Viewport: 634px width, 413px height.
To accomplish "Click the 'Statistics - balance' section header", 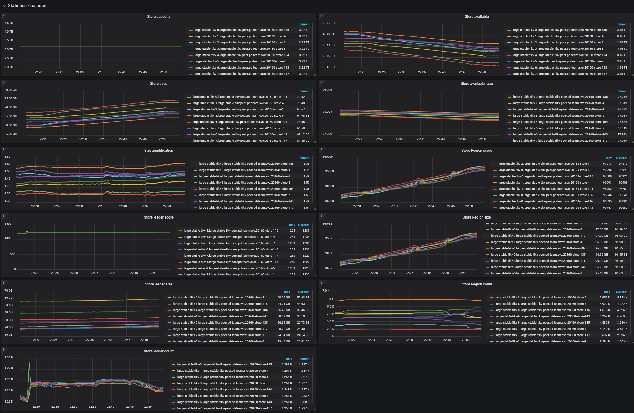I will point(27,6).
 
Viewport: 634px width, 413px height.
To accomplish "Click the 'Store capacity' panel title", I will point(158,16).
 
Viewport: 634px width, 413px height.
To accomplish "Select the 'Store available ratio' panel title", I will point(476,83).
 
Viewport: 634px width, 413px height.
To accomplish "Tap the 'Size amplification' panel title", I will point(158,151).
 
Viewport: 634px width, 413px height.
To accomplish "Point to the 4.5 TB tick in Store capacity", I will point(9,23).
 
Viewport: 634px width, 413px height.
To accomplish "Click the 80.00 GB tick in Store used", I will point(10,90).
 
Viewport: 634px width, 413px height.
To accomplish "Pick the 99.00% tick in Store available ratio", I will point(327,90).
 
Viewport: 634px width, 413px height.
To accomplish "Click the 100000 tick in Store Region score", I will point(327,157).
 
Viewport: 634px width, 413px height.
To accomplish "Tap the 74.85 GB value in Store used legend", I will point(303,122).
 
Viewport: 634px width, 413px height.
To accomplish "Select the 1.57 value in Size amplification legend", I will point(306,183).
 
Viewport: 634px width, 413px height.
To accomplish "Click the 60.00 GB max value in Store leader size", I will point(283,297).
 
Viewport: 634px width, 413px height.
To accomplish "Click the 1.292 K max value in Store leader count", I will point(287,364).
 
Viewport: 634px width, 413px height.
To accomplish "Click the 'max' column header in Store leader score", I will point(292,225).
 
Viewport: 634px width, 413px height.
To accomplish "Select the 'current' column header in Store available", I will point(622,24).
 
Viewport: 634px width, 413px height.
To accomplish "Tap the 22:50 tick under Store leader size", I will point(144,340).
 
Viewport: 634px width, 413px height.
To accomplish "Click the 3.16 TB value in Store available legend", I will point(622,49).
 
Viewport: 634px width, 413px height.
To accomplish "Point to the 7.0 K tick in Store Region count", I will point(326,291).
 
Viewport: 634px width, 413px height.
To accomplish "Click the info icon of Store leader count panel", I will point(3,349).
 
